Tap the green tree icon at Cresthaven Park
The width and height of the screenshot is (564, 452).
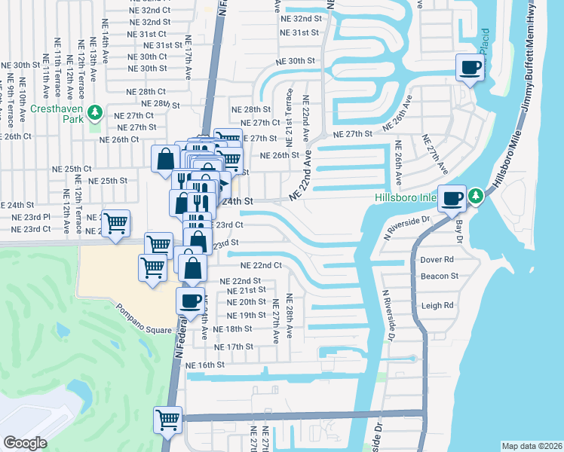(94, 114)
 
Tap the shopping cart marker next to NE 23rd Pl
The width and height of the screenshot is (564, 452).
(115, 224)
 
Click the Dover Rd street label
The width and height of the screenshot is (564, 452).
(437, 260)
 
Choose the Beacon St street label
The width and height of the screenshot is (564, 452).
(440, 276)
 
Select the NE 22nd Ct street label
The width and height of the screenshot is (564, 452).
(261, 265)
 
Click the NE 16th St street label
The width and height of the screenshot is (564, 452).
(206, 365)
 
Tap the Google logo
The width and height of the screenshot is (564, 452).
(25, 442)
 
